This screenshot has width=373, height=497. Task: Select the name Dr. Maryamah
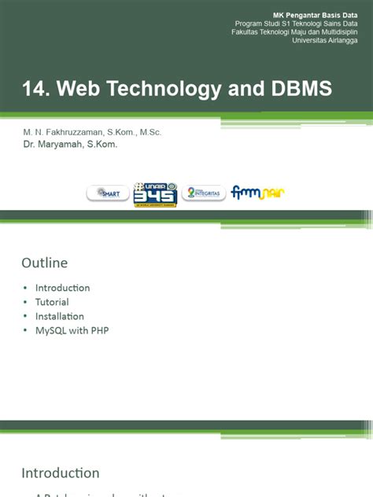tap(55, 145)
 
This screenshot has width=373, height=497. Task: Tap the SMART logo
tap(108, 193)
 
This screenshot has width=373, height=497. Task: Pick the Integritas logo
tap(204, 193)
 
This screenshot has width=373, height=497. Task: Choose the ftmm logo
tap(258, 193)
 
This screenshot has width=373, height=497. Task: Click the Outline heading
tap(45, 263)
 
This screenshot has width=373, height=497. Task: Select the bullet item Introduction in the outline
tap(62, 288)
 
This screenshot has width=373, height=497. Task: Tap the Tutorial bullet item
tap(52, 302)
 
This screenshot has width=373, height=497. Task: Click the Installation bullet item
tap(59, 316)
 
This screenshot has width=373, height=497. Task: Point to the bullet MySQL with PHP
tap(72, 330)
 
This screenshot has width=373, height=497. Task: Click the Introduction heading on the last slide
tap(61, 473)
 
